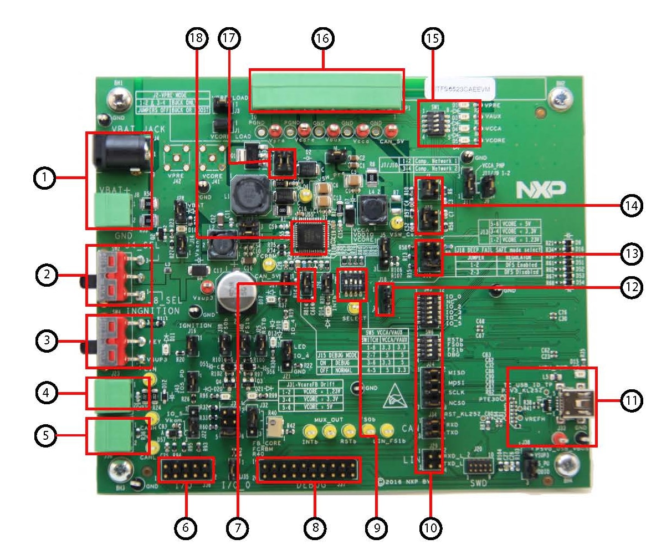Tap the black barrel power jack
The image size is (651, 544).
[120, 150]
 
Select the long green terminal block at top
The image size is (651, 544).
[327, 90]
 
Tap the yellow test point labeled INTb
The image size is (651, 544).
[309, 430]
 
